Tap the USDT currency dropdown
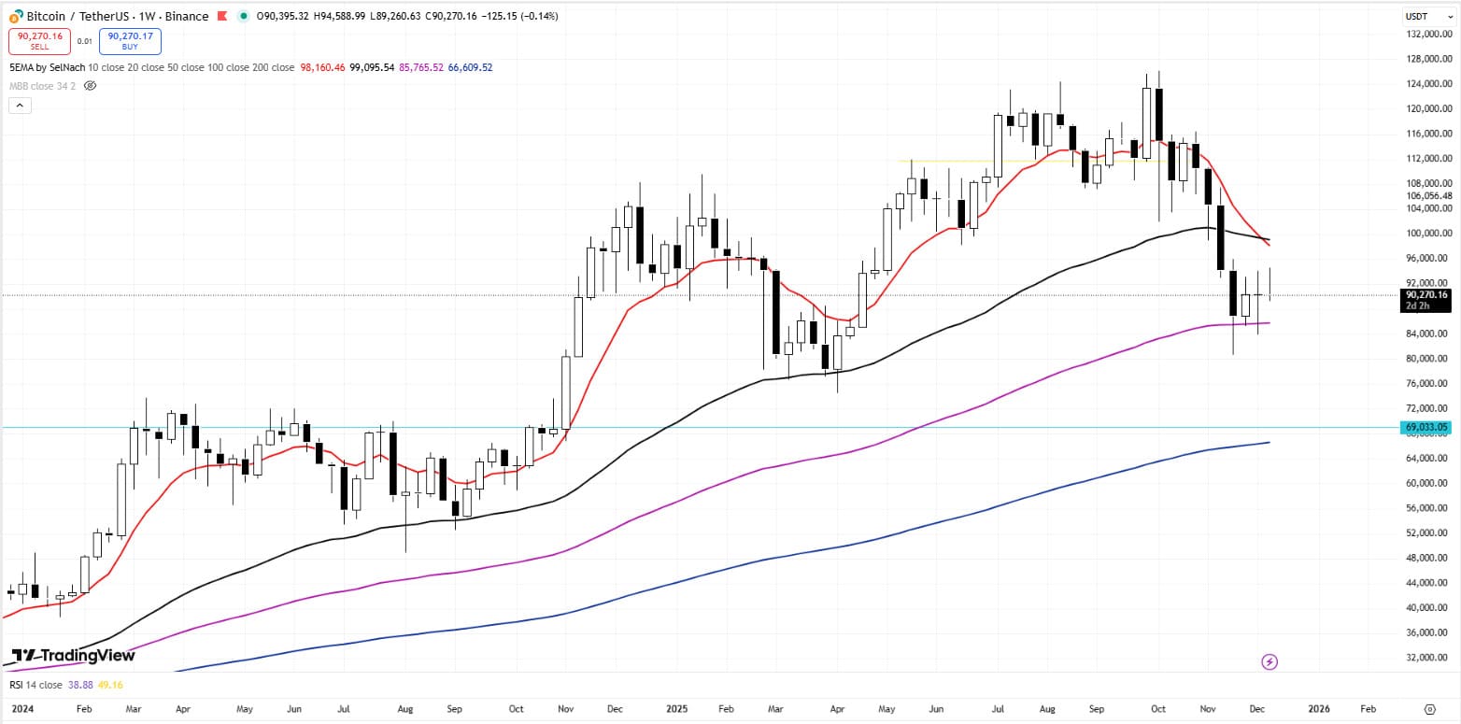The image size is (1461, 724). click(x=1421, y=16)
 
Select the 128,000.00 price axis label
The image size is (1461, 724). click(x=1426, y=59)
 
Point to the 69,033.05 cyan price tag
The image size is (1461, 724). click(x=1426, y=427)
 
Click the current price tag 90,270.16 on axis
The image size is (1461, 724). click(x=1426, y=295)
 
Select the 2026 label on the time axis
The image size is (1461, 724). click(x=1317, y=709)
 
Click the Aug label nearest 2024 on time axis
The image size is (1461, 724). click(x=406, y=709)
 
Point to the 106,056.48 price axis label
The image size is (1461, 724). click(x=1426, y=196)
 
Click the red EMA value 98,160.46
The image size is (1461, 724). click(x=323, y=67)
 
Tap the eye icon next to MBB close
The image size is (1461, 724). click(x=91, y=86)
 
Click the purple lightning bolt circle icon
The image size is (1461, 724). click(x=1270, y=662)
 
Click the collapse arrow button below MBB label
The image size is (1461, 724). click(x=20, y=106)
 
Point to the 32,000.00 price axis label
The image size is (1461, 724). click(x=1426, y=657)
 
